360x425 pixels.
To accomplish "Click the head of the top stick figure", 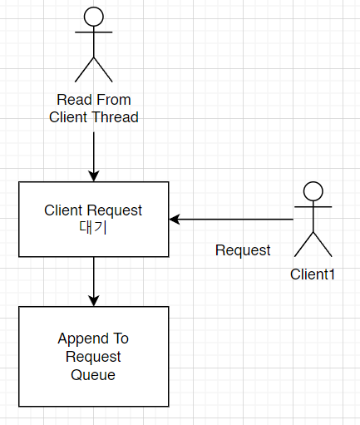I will click(94, 16).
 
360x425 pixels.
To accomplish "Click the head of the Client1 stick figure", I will click(313, 190).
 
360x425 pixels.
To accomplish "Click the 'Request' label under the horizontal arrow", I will click(243, 250).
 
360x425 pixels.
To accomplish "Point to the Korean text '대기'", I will click(93, 226).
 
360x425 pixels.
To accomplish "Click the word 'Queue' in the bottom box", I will click(93, 375).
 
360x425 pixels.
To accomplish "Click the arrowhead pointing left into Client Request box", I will click(175, 220).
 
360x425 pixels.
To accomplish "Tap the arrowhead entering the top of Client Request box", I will click(94, 175).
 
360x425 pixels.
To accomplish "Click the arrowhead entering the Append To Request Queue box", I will click(94, 300).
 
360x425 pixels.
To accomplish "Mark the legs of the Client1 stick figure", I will click(313, 244).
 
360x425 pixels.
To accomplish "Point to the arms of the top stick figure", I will click(94, 35).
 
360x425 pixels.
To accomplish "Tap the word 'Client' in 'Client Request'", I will click(63, 210).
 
